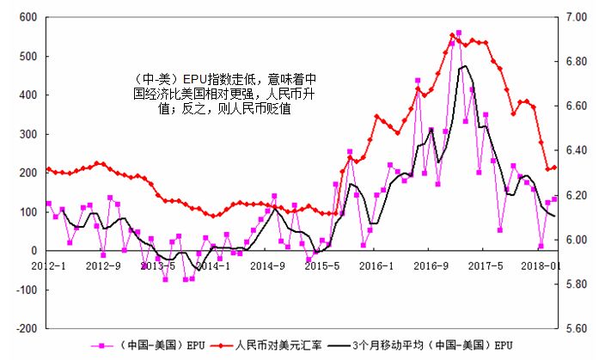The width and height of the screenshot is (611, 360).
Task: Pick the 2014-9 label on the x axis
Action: click(x=267, y=265)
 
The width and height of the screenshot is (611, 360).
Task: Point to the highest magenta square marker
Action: click(x=459, y=34)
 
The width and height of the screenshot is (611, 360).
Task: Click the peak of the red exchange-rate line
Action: click(x=453, y=35)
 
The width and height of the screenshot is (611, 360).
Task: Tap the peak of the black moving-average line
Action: click(x=466, y=66)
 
